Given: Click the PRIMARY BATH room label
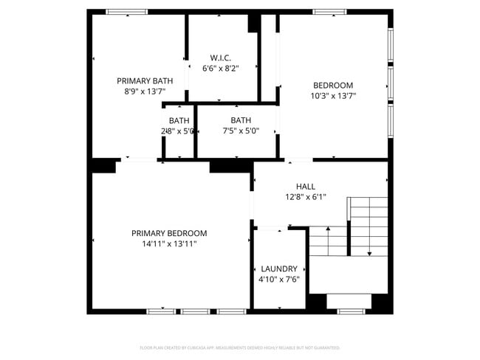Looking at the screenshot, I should tap(145, 81).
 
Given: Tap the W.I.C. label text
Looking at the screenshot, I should tap(221, 58).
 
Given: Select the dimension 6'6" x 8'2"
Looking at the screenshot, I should tap(221, 68).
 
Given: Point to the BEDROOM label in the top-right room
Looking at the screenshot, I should tap(333, 85).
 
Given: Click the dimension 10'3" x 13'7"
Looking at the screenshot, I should tap(333, 95).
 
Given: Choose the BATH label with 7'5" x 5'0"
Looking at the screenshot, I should tap(241, 120).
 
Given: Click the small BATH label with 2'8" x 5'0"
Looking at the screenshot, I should tap(179, 120).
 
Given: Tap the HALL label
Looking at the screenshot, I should tap(306, 187).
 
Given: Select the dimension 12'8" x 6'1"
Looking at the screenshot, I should tap(306, 197).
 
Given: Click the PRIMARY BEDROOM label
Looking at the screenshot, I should tap(169, 233).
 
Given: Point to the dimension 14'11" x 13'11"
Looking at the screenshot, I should tap(169, 243).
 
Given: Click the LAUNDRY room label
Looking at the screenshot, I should tap(278, 269).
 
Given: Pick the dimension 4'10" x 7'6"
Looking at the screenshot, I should tap(278, 280).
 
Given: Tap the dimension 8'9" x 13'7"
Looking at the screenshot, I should tap(145, 91).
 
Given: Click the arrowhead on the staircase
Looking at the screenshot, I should tap(368, 253).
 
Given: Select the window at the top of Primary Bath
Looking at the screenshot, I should tap(126, 12).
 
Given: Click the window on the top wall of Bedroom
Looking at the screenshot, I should tap(329, 12).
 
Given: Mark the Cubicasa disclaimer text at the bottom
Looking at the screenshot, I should tap(240, 347).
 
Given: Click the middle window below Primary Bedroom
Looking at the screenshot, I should tap(196, 311).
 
